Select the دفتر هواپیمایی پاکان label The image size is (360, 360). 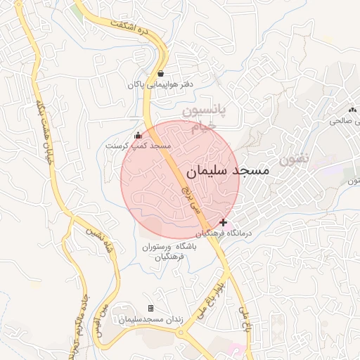(x=160, y=84)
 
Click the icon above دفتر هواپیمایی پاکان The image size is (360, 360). (x=161, y=73)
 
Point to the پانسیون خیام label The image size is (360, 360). (x=201, y=119)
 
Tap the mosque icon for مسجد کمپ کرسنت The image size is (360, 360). (x=138, y=136)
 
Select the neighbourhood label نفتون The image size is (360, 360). (x=293, y=159)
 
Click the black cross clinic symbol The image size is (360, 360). (x=224, y=222)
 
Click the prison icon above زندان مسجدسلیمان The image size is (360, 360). (x=150, y=309)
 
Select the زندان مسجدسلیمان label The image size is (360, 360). (x=150, y=319)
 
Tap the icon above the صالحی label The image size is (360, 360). (x=352, y=110)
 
